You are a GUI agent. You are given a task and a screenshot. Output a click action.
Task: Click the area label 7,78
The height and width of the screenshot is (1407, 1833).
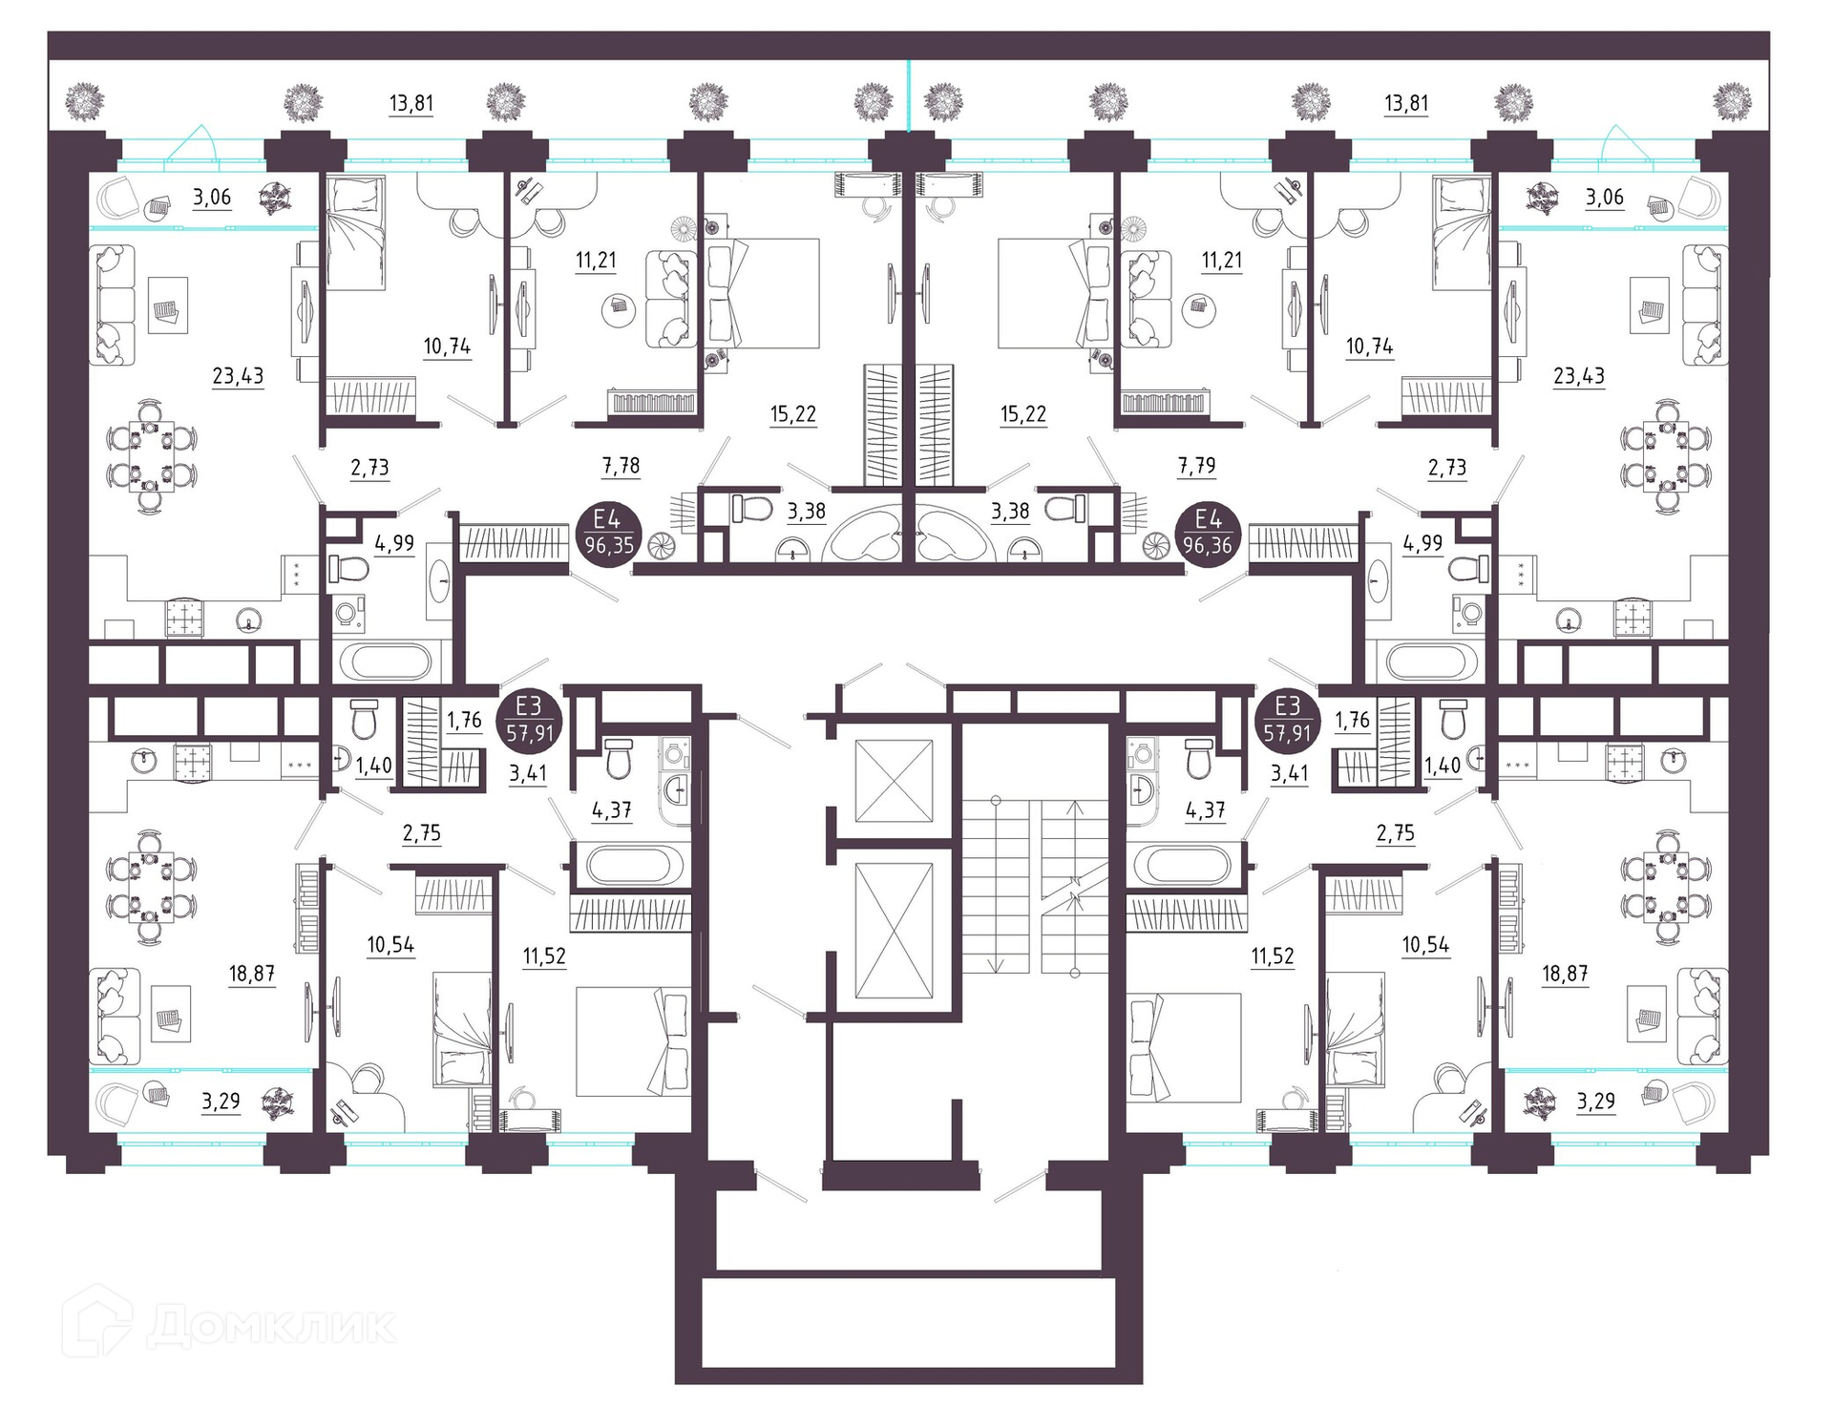click(622, 466)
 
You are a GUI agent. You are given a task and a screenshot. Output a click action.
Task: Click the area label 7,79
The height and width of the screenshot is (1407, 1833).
click(1197, 466)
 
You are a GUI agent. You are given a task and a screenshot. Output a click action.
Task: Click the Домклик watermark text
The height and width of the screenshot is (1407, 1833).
click(271, 1326)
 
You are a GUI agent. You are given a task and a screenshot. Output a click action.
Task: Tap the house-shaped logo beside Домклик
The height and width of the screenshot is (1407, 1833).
click(97, 1322)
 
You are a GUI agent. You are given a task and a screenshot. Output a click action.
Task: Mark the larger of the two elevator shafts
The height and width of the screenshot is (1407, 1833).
click(894, 931)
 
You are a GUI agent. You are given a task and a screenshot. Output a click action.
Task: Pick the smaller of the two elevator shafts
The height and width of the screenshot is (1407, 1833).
click(894, 780)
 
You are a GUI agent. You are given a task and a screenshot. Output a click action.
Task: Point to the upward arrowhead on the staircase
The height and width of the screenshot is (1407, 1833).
click(1076, 808)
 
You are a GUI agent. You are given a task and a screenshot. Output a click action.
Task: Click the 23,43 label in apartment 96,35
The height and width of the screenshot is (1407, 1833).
click(238, 376)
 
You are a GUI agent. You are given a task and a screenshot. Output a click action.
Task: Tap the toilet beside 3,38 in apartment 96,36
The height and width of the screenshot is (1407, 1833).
click(1064, 509)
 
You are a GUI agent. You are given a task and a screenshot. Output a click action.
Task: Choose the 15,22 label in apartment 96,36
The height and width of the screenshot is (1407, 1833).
click(1023, 414)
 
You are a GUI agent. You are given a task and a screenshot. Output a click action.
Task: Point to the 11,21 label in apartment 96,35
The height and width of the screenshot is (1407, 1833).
click(596, 261)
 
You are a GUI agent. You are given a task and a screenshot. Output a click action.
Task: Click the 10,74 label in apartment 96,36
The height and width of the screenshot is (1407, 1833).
click(1369, 346)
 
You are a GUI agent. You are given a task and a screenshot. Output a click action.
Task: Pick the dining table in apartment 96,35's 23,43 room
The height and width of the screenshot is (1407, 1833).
click(150, 456)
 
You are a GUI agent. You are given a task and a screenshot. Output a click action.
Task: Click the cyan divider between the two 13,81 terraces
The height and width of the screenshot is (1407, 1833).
click(909, 94)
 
